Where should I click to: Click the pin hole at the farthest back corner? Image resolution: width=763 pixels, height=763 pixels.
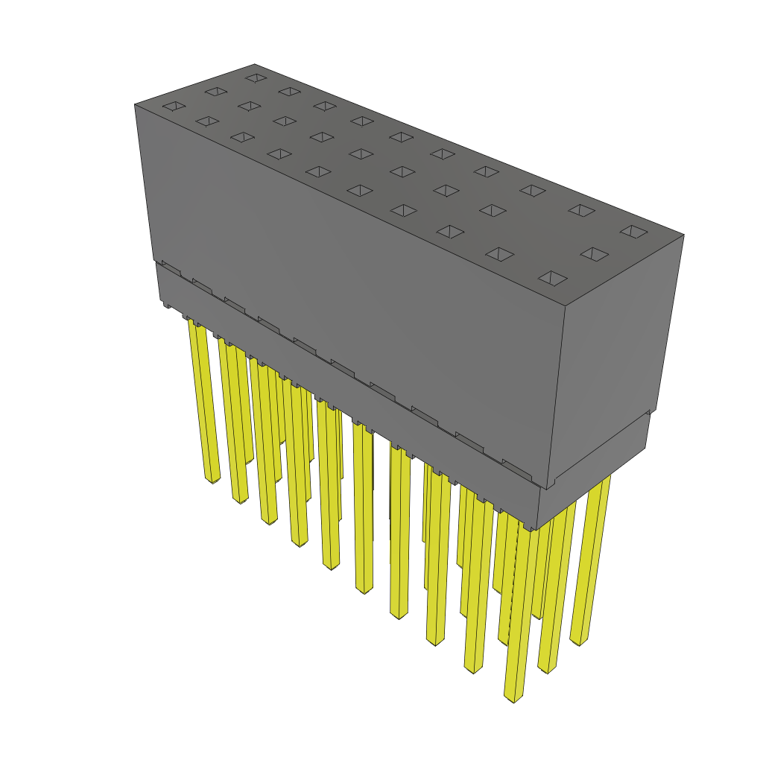256,77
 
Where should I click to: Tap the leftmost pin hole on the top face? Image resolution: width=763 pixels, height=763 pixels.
174,107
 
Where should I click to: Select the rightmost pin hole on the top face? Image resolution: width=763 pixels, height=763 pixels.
634,232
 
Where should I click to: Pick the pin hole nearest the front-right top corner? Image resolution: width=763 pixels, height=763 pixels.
553,279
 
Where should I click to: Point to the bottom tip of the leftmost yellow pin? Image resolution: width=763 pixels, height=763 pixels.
213,479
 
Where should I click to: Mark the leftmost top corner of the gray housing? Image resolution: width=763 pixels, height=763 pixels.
135,104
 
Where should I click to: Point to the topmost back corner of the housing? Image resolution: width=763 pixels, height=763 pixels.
255,64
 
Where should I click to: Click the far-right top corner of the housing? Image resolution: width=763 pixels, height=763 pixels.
683,235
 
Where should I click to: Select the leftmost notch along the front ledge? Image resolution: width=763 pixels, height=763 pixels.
171,267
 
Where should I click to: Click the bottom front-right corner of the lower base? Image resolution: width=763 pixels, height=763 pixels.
538,528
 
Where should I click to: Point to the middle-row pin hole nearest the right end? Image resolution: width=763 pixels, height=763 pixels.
594,254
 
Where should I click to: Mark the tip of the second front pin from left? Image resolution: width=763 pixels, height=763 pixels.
240,499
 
